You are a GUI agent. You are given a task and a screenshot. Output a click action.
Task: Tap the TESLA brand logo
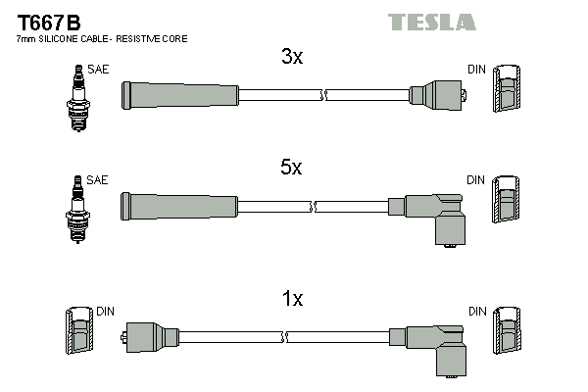(431, 22)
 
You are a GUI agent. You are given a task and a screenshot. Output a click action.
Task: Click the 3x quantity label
(292, 57)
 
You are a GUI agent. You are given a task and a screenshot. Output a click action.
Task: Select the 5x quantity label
(291, 168)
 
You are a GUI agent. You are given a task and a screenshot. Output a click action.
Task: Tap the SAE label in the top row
(98, 70)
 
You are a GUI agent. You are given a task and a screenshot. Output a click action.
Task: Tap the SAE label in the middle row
(98, 180)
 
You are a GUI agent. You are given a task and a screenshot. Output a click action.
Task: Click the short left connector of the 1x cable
(147, 337)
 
